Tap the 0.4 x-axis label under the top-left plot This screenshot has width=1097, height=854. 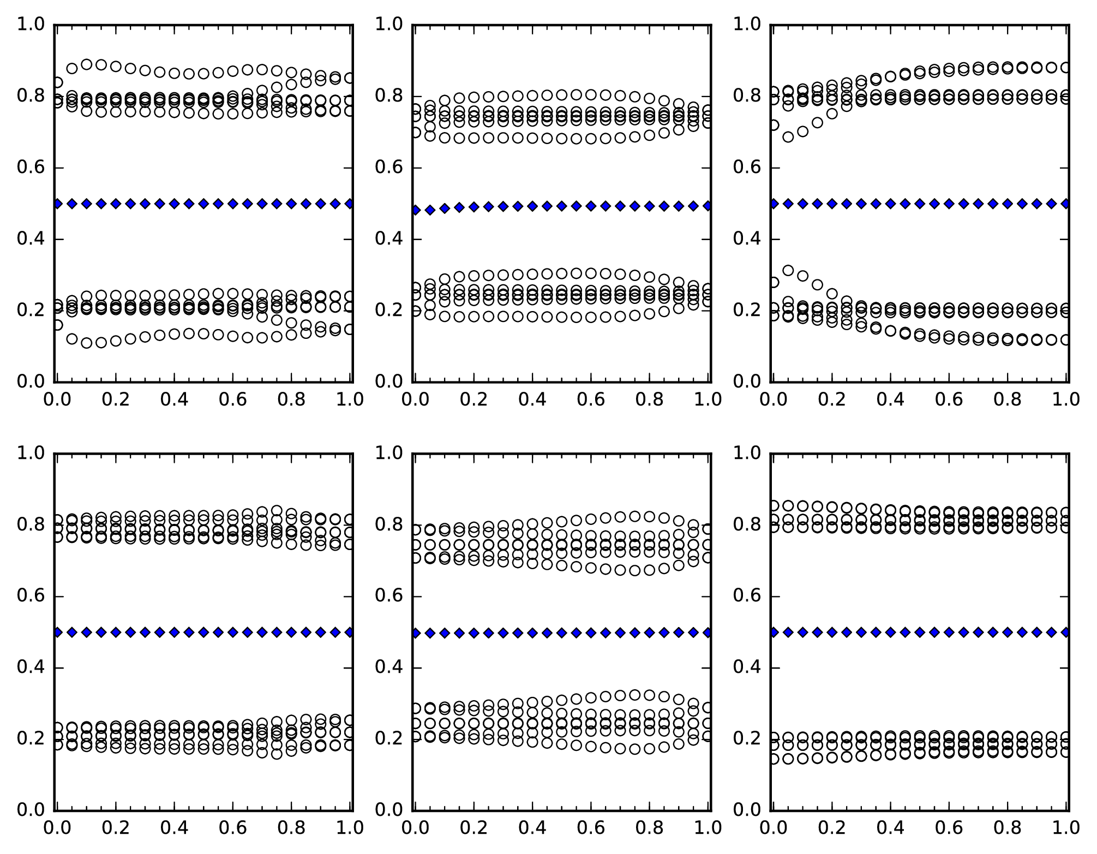(174, 399)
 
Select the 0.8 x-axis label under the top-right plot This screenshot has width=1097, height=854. (1007, 399)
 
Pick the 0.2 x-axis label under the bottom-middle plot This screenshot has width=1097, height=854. (473, 827)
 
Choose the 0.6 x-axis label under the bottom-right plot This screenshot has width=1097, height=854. (949, 827)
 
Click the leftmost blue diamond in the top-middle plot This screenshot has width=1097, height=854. (416, 210)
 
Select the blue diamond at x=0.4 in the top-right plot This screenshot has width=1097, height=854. (890, 204)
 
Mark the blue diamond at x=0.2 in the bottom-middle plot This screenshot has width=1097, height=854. (473, 633)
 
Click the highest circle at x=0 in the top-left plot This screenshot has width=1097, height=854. (57, 83)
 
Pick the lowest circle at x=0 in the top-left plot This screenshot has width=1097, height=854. (57, 325)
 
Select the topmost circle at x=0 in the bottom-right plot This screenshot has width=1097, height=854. (774, 506)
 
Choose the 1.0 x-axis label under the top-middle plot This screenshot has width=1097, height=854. (708, 399)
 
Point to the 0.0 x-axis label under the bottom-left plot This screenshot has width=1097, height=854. (57, 827)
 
